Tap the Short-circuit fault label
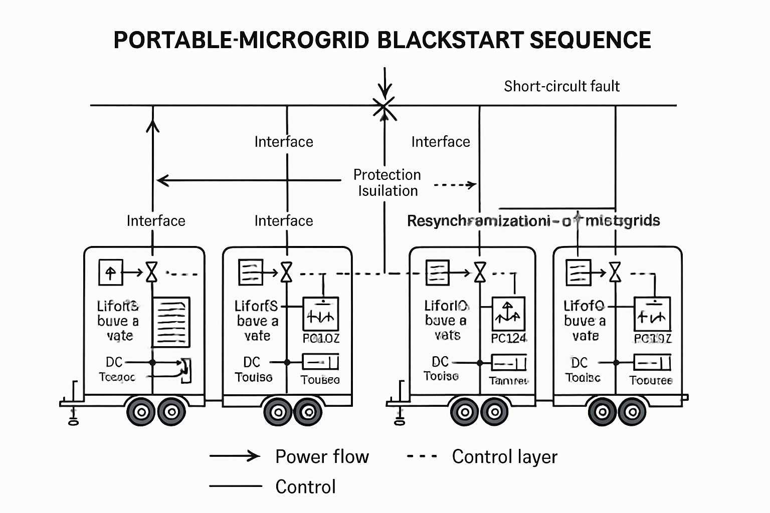coord(561,86)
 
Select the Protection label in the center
coord(387,174)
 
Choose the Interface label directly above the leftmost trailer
coord(156,220)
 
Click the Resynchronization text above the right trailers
coord(533,220)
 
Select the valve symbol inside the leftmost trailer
coord(151,273)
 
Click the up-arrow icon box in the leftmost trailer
coord(110,273)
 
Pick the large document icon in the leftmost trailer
coord(171,322)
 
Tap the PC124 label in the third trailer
coord(508,338)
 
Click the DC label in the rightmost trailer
coord(579,362)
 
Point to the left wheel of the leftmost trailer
coord(141,412)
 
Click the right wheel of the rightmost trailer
coord(632,412)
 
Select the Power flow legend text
coord(322,456)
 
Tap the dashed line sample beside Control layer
coord(422,456)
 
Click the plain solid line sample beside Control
coord(235,486)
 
